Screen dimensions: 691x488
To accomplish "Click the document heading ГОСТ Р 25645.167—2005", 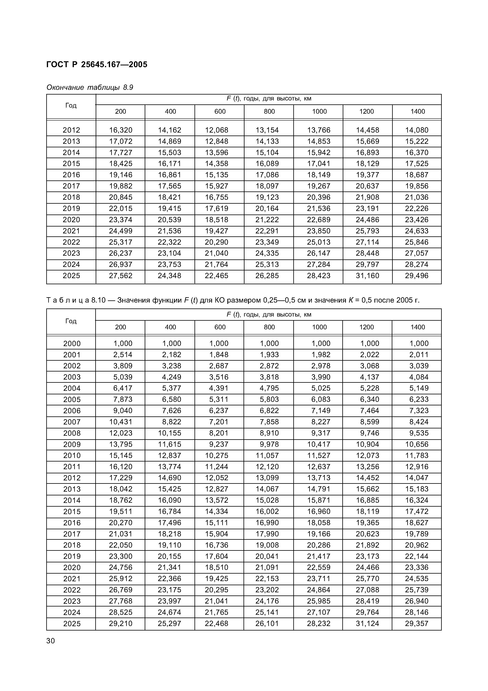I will click(97, 65).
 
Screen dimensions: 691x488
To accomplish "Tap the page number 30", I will click(51, 641).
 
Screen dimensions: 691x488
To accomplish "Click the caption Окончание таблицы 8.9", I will click(90, 88).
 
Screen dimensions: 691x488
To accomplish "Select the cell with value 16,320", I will click(120, 130).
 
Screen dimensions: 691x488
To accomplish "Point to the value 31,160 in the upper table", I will click(368, 276).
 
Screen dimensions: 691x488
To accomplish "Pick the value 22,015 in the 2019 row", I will click(120, 209).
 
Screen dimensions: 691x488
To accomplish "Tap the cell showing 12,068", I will click(217, 130).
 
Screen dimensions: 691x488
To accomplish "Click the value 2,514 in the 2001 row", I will click(123, 355).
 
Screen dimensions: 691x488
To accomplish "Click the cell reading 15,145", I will click(120, 456).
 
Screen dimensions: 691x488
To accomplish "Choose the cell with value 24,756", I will click(120, 568).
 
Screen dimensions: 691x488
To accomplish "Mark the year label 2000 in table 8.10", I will click(72, 343).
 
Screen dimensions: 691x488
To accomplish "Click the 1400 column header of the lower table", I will click(418, 327).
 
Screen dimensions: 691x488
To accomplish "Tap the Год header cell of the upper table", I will click(71, 105).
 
